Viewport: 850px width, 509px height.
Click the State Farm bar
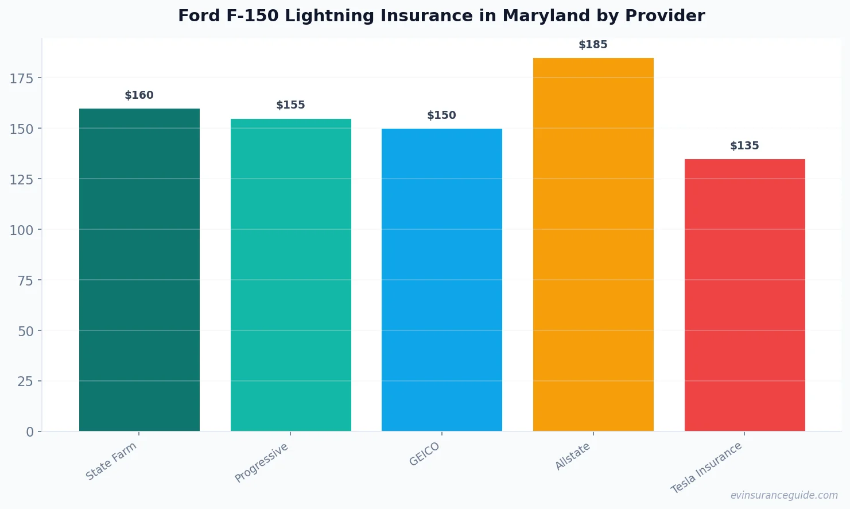tap(139, 270)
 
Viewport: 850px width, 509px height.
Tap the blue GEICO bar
tap(442, 280)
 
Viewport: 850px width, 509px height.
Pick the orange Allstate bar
tap(593, 244)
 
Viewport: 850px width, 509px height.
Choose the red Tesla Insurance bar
tap(744, 295)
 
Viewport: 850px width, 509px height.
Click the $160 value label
tap(139, 95)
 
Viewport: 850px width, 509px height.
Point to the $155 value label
tap(291, 105)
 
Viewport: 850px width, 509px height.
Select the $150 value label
tap(442, 115)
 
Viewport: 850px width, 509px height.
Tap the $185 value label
tap(593, 45)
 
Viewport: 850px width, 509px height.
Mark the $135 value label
tap(744, 146)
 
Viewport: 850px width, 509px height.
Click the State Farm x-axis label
tap(111, 461)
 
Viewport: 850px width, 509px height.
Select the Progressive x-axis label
tap(262, 462)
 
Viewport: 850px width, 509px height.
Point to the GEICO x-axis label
tap(425, 454)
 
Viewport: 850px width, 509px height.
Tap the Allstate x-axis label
tap(573, 457)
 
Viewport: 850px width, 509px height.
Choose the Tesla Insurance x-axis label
tap(707, 468)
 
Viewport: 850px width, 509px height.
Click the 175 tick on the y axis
tap(22, 78)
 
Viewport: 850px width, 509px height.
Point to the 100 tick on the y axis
tap(22, 230)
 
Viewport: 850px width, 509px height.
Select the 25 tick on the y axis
tap(25, 381)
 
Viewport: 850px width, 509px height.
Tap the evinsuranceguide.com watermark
tap(784, 495)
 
